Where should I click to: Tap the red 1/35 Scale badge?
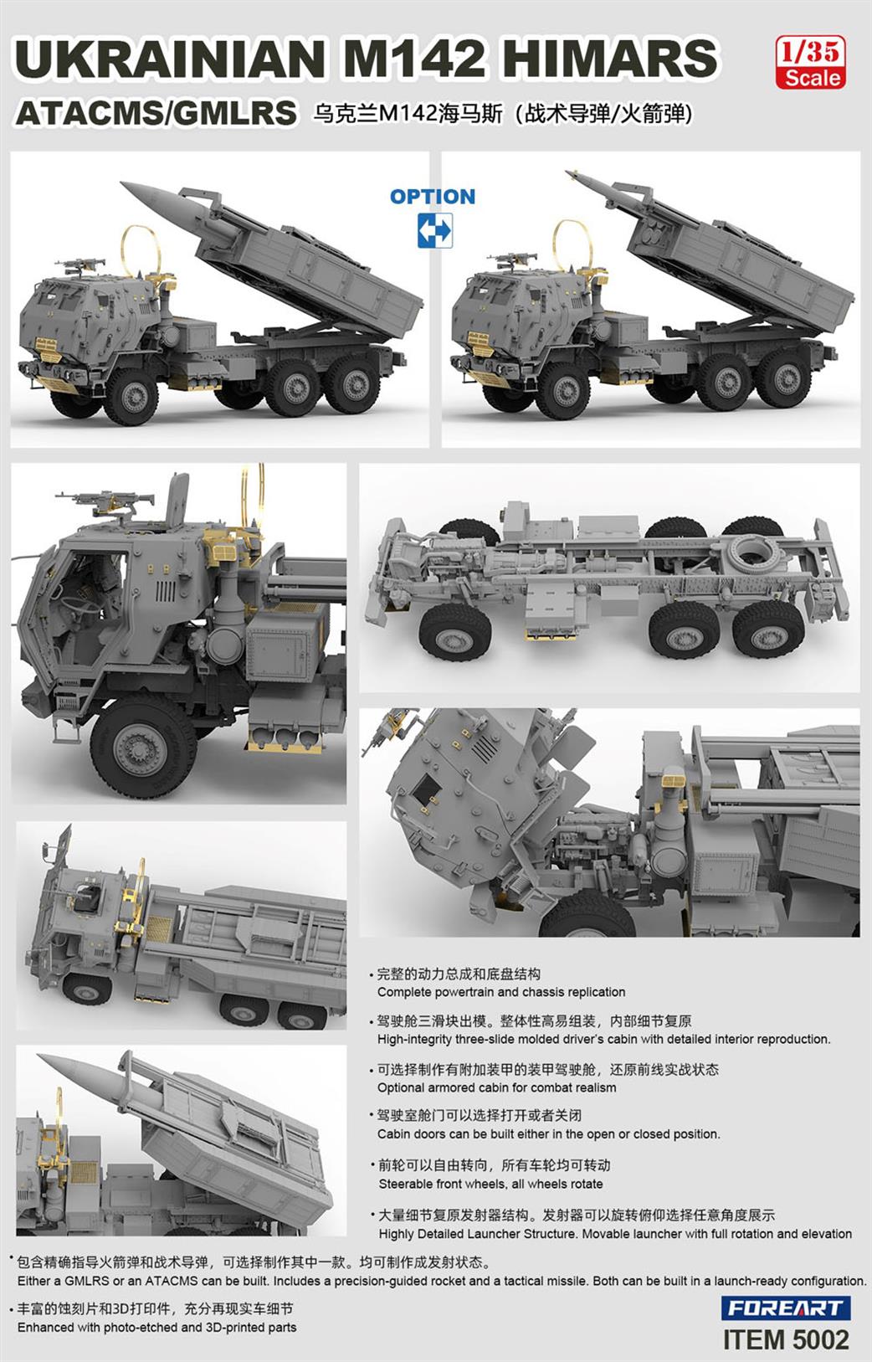click(809, 63)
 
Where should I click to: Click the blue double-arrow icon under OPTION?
click(434, 230)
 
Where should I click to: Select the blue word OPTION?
click(432, 197)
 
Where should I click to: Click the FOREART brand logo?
click(785, 1308)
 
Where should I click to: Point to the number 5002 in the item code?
click(815, 1339)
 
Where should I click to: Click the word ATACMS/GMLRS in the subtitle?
click(156, 113)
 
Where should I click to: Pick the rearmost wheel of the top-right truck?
click(787, 380)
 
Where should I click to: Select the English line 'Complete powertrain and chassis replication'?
click(501, 992)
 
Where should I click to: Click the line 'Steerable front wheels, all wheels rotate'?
click(490, 1184)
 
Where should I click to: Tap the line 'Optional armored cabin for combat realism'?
click(496, 1087)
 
